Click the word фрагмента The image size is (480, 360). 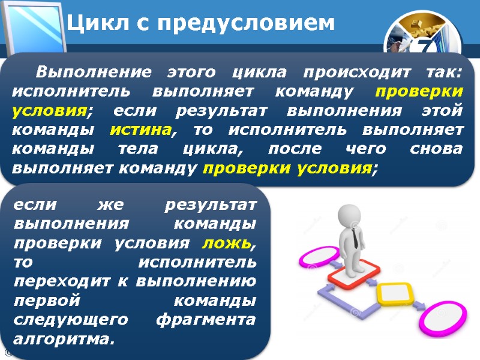206,320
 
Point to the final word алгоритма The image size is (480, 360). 62,340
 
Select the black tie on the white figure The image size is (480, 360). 356,239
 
